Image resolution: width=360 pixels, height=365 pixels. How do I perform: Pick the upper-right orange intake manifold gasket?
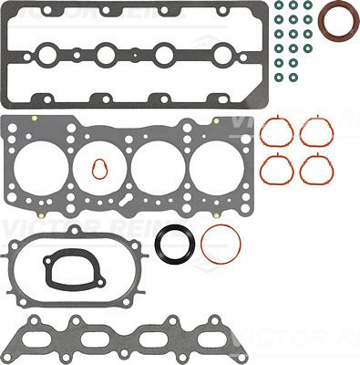point(315,133)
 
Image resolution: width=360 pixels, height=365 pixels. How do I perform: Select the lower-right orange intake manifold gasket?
point(315,169)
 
